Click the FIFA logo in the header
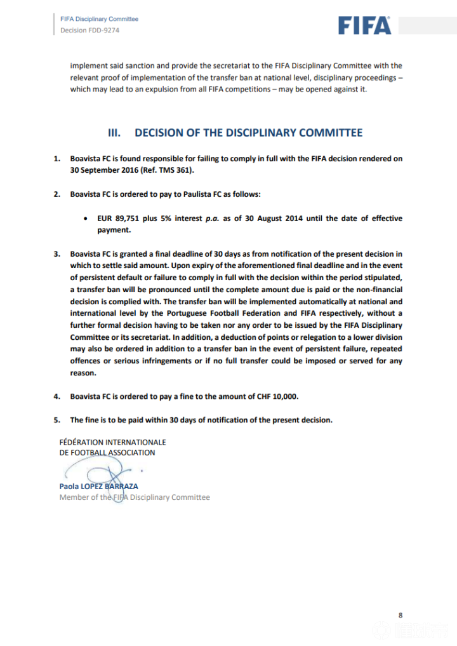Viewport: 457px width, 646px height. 364,25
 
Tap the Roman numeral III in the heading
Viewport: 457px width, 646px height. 115,133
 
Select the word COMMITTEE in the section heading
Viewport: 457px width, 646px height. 331,133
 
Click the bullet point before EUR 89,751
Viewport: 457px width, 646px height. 86,219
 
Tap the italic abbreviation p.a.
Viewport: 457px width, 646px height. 213,219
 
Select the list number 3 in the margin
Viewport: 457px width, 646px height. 56,254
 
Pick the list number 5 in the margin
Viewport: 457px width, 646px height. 56,420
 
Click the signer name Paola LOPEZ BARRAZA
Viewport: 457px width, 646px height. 98,486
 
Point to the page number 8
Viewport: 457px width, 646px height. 401,615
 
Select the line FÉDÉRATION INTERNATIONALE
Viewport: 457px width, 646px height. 112,441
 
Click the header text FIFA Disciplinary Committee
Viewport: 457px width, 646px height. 99,19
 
